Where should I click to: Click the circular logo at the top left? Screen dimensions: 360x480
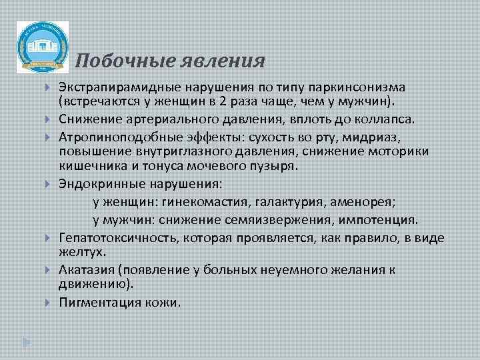(x=42, y=47)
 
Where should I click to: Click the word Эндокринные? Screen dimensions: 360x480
(x=97, y=183)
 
